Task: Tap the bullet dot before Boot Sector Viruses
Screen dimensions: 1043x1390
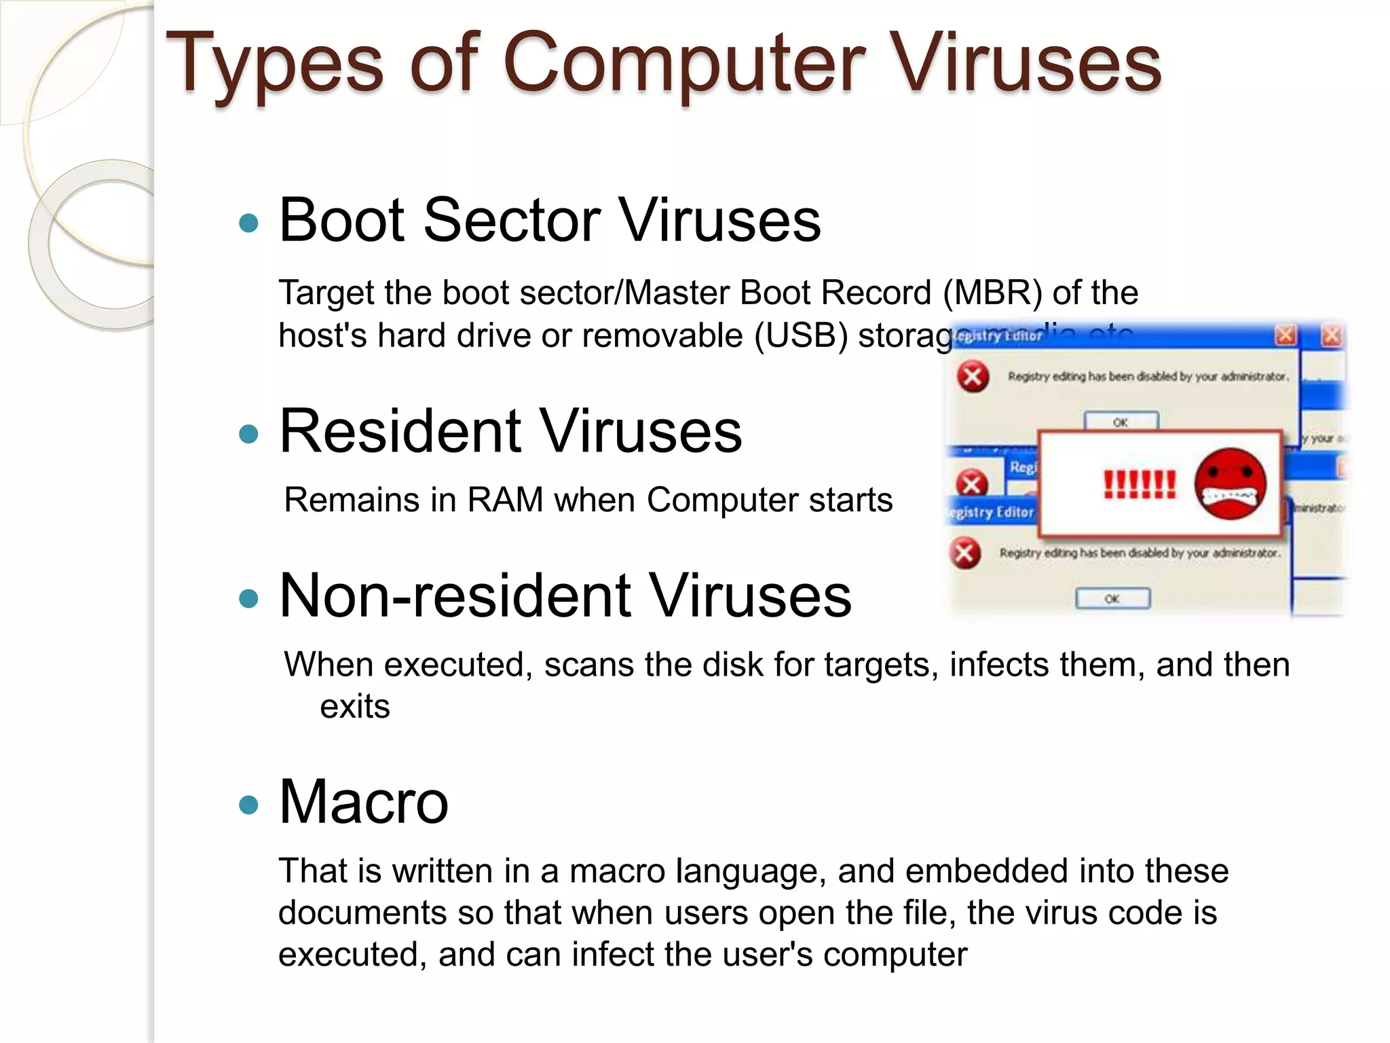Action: pyautogui.click(x=249, y=223)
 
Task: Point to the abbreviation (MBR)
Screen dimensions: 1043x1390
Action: pyautogui.click(x=992, y=293)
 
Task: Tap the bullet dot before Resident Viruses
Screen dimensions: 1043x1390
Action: pyautogui.click(x=249, y=434)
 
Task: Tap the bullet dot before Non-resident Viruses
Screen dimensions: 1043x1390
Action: pyautogui.click(x=249, y=599)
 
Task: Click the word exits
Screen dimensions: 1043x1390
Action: pyautogui.click(x=355, y=707)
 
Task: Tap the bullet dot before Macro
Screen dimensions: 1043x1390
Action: pyautogui.click(x=249, y=805)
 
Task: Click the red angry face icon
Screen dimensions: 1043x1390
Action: pyautogui.click(x=1230, y=484)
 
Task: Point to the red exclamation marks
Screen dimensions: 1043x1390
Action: pyautogui.click(x=1139, y=485)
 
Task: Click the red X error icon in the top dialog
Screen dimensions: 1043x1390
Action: pyautogui.click(x=973, y=377)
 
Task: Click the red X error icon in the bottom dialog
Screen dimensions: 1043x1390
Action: pyautogui.click(x=964, y=553)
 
